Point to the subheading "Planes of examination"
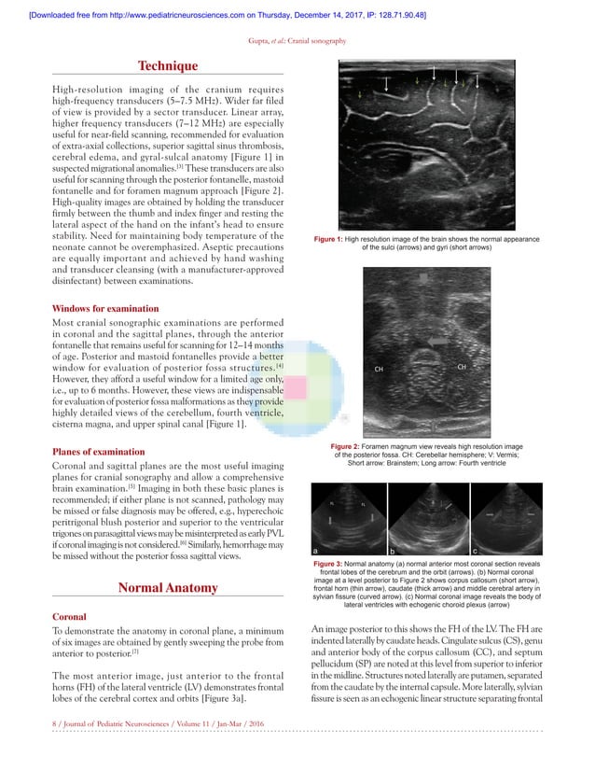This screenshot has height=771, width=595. (98, 451)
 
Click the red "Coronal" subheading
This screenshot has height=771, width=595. (71, 618)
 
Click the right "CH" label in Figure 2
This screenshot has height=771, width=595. (461, 366)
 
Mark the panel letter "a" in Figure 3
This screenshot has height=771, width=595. (316, 551)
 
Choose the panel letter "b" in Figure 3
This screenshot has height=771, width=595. (392, 551)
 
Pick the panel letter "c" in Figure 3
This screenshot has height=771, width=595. (475, 551)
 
